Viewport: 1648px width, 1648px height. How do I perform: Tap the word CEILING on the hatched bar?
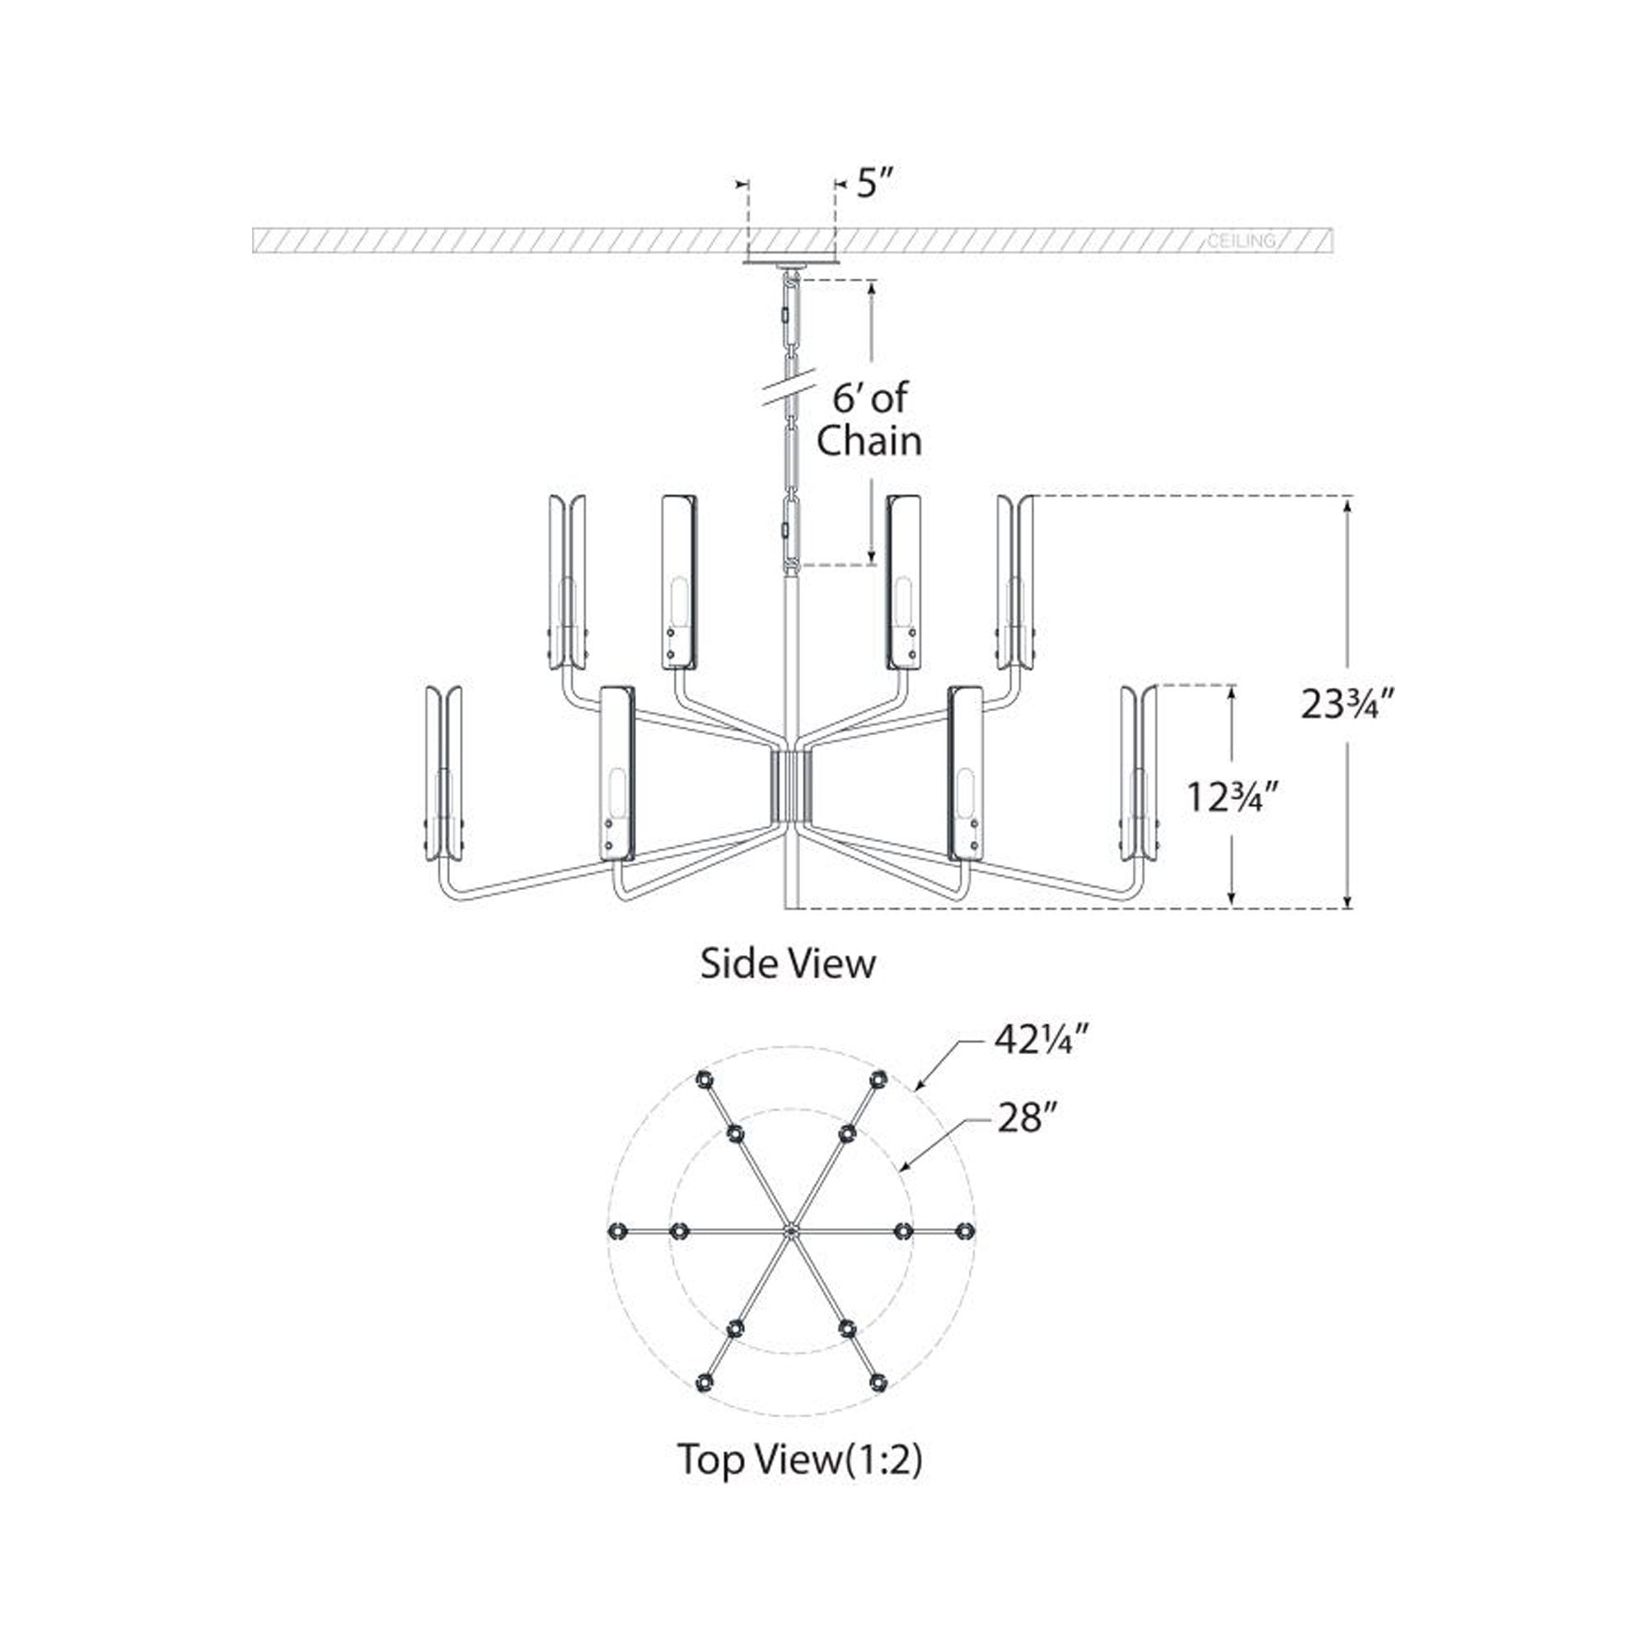pyautogui.click(x=1241, y=241)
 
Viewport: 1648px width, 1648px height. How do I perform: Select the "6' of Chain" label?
pyautogui.click(x=868, y=420)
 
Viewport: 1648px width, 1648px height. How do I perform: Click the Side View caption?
pyautogui.click(x=787, y=964)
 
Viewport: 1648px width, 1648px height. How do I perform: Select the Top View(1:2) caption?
pyautogui.click(x=799, y=1459)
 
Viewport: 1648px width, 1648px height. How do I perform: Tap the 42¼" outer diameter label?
pyautogui.click(x=1042, y=1040)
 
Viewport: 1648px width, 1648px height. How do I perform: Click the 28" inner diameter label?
pyautogui.click(x=1021, y=1117)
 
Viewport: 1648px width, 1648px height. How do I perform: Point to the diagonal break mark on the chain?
pyautogui.click(x=790, y=391)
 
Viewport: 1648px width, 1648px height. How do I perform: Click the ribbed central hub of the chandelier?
pyautogui.click(x=790, y=784)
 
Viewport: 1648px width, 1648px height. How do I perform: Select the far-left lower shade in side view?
pyautogui.click(x=443, y=773)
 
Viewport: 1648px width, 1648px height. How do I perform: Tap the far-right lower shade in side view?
pyautogui.click(x=1138, y=773)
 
